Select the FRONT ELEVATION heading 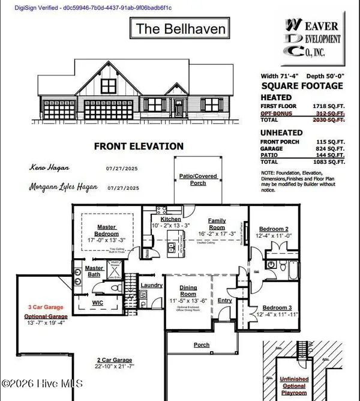pyautogui.click(x=139, y=146)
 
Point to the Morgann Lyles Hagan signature pyautogui.click(x=68, y=187)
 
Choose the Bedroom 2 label pyautogui.click(x=274, y=229)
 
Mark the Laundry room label pyautogui.click(x=148, y=286)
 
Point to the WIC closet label pyautogui.click(x=97, y=303)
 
